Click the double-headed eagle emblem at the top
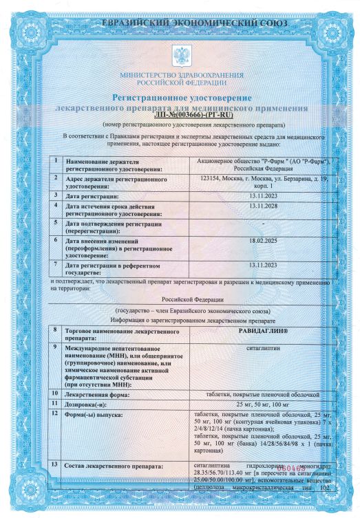click(x=180, y=53)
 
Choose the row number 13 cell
click(x=55, y=466)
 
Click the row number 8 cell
click(x=55, y=331)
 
